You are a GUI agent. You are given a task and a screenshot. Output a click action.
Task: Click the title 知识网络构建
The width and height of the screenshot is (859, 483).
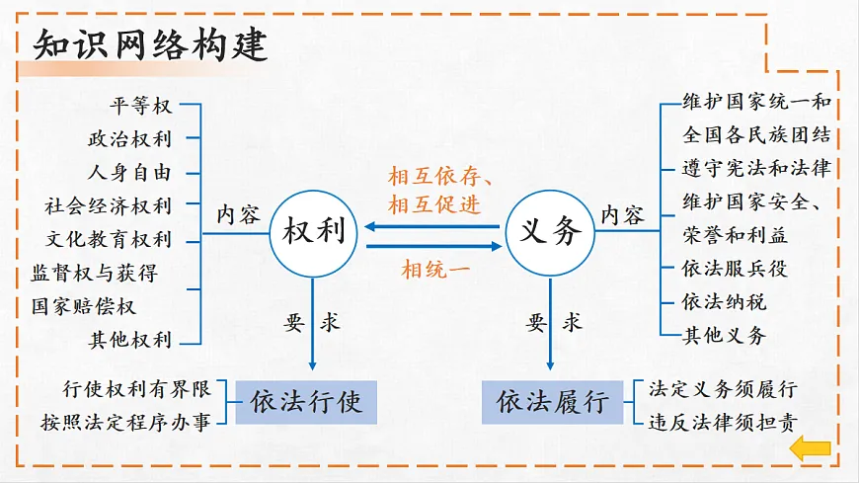pos(150,45)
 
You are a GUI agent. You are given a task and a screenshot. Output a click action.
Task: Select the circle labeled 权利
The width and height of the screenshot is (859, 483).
pos(314,233)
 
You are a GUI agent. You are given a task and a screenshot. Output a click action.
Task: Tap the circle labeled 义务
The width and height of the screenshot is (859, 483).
pos(550,233)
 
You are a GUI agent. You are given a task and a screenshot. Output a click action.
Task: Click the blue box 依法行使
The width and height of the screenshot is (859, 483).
pos(307,402)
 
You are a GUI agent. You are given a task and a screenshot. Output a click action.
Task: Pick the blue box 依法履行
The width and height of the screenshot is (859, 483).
pos(553,402)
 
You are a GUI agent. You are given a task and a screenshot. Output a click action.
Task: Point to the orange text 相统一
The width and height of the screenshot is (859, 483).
pos(436,269)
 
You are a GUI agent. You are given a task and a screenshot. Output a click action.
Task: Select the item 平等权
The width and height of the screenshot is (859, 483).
pos(141,106)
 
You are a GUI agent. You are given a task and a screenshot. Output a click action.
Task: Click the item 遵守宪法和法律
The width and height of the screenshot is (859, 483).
pos(755,168)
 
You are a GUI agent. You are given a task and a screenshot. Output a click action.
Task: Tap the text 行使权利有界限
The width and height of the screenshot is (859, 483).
pos(136,388)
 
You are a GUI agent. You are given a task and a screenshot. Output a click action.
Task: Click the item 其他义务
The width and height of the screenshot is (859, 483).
pos(724,335)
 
